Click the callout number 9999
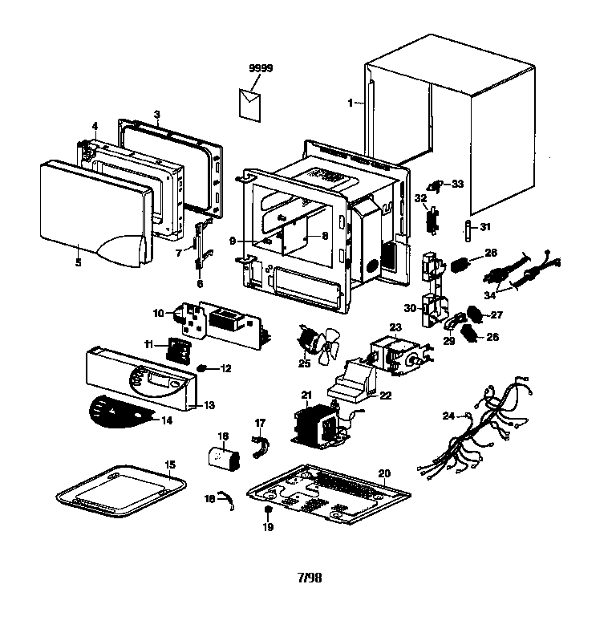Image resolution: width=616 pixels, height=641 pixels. click(x=261, y=69)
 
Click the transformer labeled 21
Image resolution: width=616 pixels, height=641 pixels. click(x=316, y=423)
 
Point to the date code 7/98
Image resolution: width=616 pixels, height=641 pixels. click(x=308, y=576)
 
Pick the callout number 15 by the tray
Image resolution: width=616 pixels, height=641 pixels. click(x=169, y=465)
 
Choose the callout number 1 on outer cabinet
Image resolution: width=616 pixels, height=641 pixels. click(x=350, y=103)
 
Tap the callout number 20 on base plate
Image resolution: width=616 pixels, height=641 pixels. click(x=384, y=473)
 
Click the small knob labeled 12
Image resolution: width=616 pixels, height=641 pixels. click(x=203, y=368)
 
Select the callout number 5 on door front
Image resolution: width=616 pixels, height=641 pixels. click(x=78, y=262)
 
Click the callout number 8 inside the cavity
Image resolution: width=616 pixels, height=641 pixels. click(x=325, y=236)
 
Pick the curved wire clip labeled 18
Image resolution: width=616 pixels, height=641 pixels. click(x=228, y=501)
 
